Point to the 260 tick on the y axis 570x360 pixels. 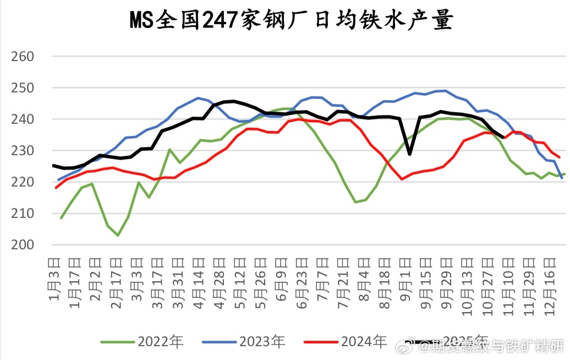(23, 57)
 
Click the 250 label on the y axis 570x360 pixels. (23, 88)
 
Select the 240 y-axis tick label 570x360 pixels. (23, 119)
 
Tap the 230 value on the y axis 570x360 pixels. (23, 151)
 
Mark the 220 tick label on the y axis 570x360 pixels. (23, 182)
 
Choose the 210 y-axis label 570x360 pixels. (23, 214)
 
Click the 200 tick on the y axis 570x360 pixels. (23, 245)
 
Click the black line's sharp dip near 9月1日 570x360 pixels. (409, 154)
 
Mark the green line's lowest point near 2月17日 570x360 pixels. (118, 235)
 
